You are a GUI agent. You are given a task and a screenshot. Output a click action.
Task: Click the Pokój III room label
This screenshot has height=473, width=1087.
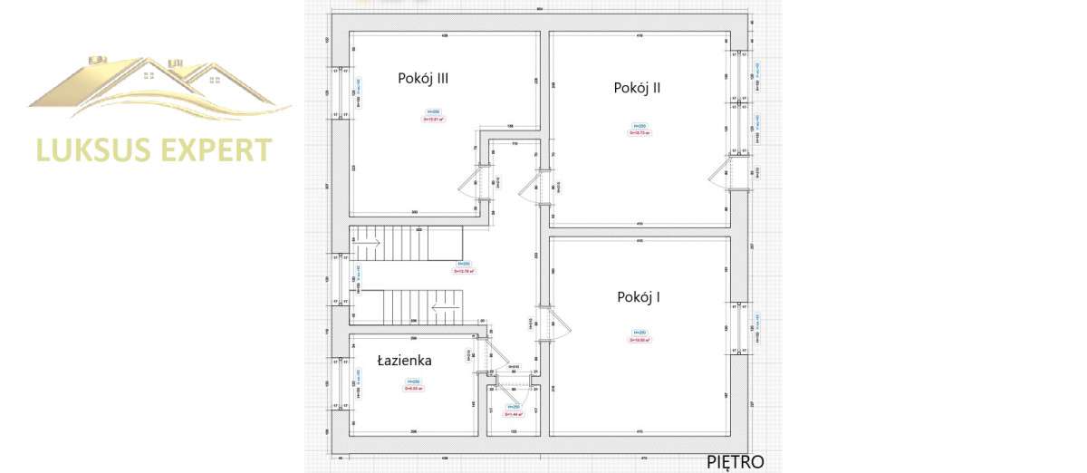tap(423, 78)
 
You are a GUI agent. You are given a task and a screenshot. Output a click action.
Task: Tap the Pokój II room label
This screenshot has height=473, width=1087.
tap(637, 88)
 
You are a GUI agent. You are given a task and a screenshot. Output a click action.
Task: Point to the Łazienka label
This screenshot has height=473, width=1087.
tap(404, 360)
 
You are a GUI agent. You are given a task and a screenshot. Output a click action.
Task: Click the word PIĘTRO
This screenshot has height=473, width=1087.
tap(736, 462)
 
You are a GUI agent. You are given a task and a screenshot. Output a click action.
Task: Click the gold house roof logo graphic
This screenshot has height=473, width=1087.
tap(159, 86)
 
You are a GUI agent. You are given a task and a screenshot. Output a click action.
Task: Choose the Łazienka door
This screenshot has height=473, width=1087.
tap(487, 354)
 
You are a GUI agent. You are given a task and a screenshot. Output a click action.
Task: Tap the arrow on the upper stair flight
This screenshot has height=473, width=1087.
tap(368, 242)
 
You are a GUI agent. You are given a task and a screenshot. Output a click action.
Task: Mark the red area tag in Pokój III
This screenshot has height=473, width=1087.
tap(433, 119)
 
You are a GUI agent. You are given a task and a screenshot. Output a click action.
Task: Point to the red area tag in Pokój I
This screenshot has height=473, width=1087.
tap(640, 340)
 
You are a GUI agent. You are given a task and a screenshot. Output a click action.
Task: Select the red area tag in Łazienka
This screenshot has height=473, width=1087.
tap(414, 389)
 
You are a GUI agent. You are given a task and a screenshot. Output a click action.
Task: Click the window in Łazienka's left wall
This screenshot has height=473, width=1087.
tap(342, 383)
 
